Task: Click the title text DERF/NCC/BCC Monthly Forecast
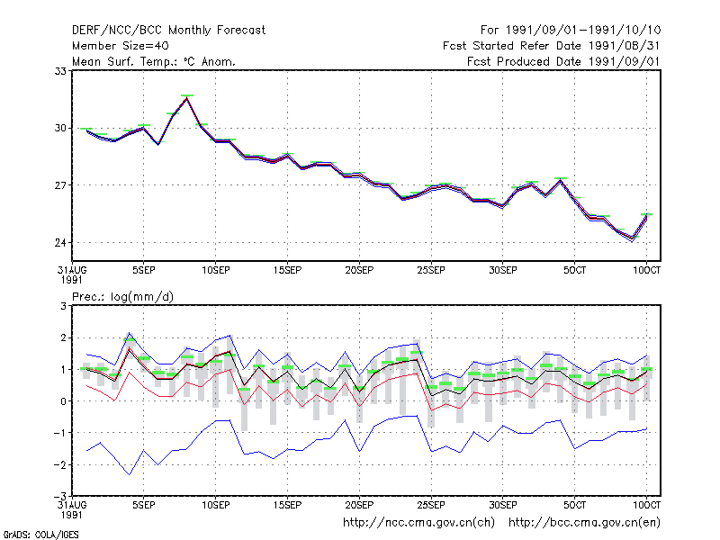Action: [x=168, y=31]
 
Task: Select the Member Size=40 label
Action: [x=121, y=46]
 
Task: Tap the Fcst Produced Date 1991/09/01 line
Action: [x=563, y=61]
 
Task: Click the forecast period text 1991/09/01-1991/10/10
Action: [x=583, y=31]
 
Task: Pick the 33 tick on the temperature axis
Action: [x=60, y=71]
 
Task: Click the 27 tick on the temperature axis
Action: [x=60, y=185]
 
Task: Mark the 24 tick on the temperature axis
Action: [x=60, y=242]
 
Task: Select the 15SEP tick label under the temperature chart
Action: [x=287, y=271]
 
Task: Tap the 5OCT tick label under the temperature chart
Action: [x=574, y=271]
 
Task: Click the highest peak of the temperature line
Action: [x=187, y=98]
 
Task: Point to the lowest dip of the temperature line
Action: [x=633, y=239]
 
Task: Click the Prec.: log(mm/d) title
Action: [x=122, y=297]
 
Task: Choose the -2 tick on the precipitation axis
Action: [x=60, y=464]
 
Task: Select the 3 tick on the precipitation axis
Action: [x=63, y=306]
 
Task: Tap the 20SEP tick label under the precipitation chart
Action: [x=359, y=505]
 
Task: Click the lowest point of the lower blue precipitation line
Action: [x=130, y=474]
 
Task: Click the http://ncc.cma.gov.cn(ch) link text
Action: [x=418, y=523]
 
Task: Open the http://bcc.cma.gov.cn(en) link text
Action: [x=584, y=523]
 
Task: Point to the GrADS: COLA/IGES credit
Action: [x=40, y=535]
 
